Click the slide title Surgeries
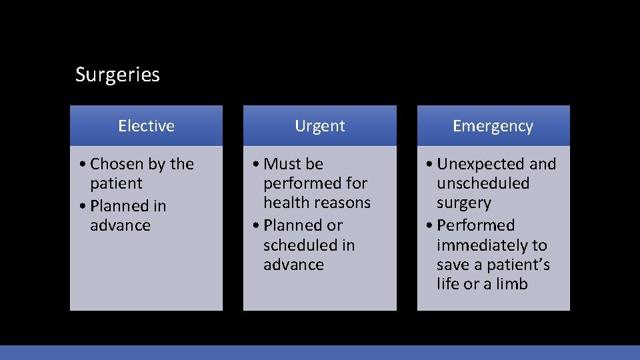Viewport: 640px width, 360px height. click(117, 75)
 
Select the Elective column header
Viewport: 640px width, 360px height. click(146, 126)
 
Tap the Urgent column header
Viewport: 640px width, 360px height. click(320, 126)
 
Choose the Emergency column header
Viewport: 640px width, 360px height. click(493, 126)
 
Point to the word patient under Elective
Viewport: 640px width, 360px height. click(116, 183)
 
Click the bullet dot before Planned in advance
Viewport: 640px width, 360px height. click(82, 206)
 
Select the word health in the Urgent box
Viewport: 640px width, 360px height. click(286, 203)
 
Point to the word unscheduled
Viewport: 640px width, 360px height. click(483, 183)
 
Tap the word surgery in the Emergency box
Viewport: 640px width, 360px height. click(464, 203)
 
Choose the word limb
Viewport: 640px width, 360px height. click(512, 284)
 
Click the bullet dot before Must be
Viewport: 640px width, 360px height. click(255, 164)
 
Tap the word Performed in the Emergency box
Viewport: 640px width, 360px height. click(476, 225)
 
